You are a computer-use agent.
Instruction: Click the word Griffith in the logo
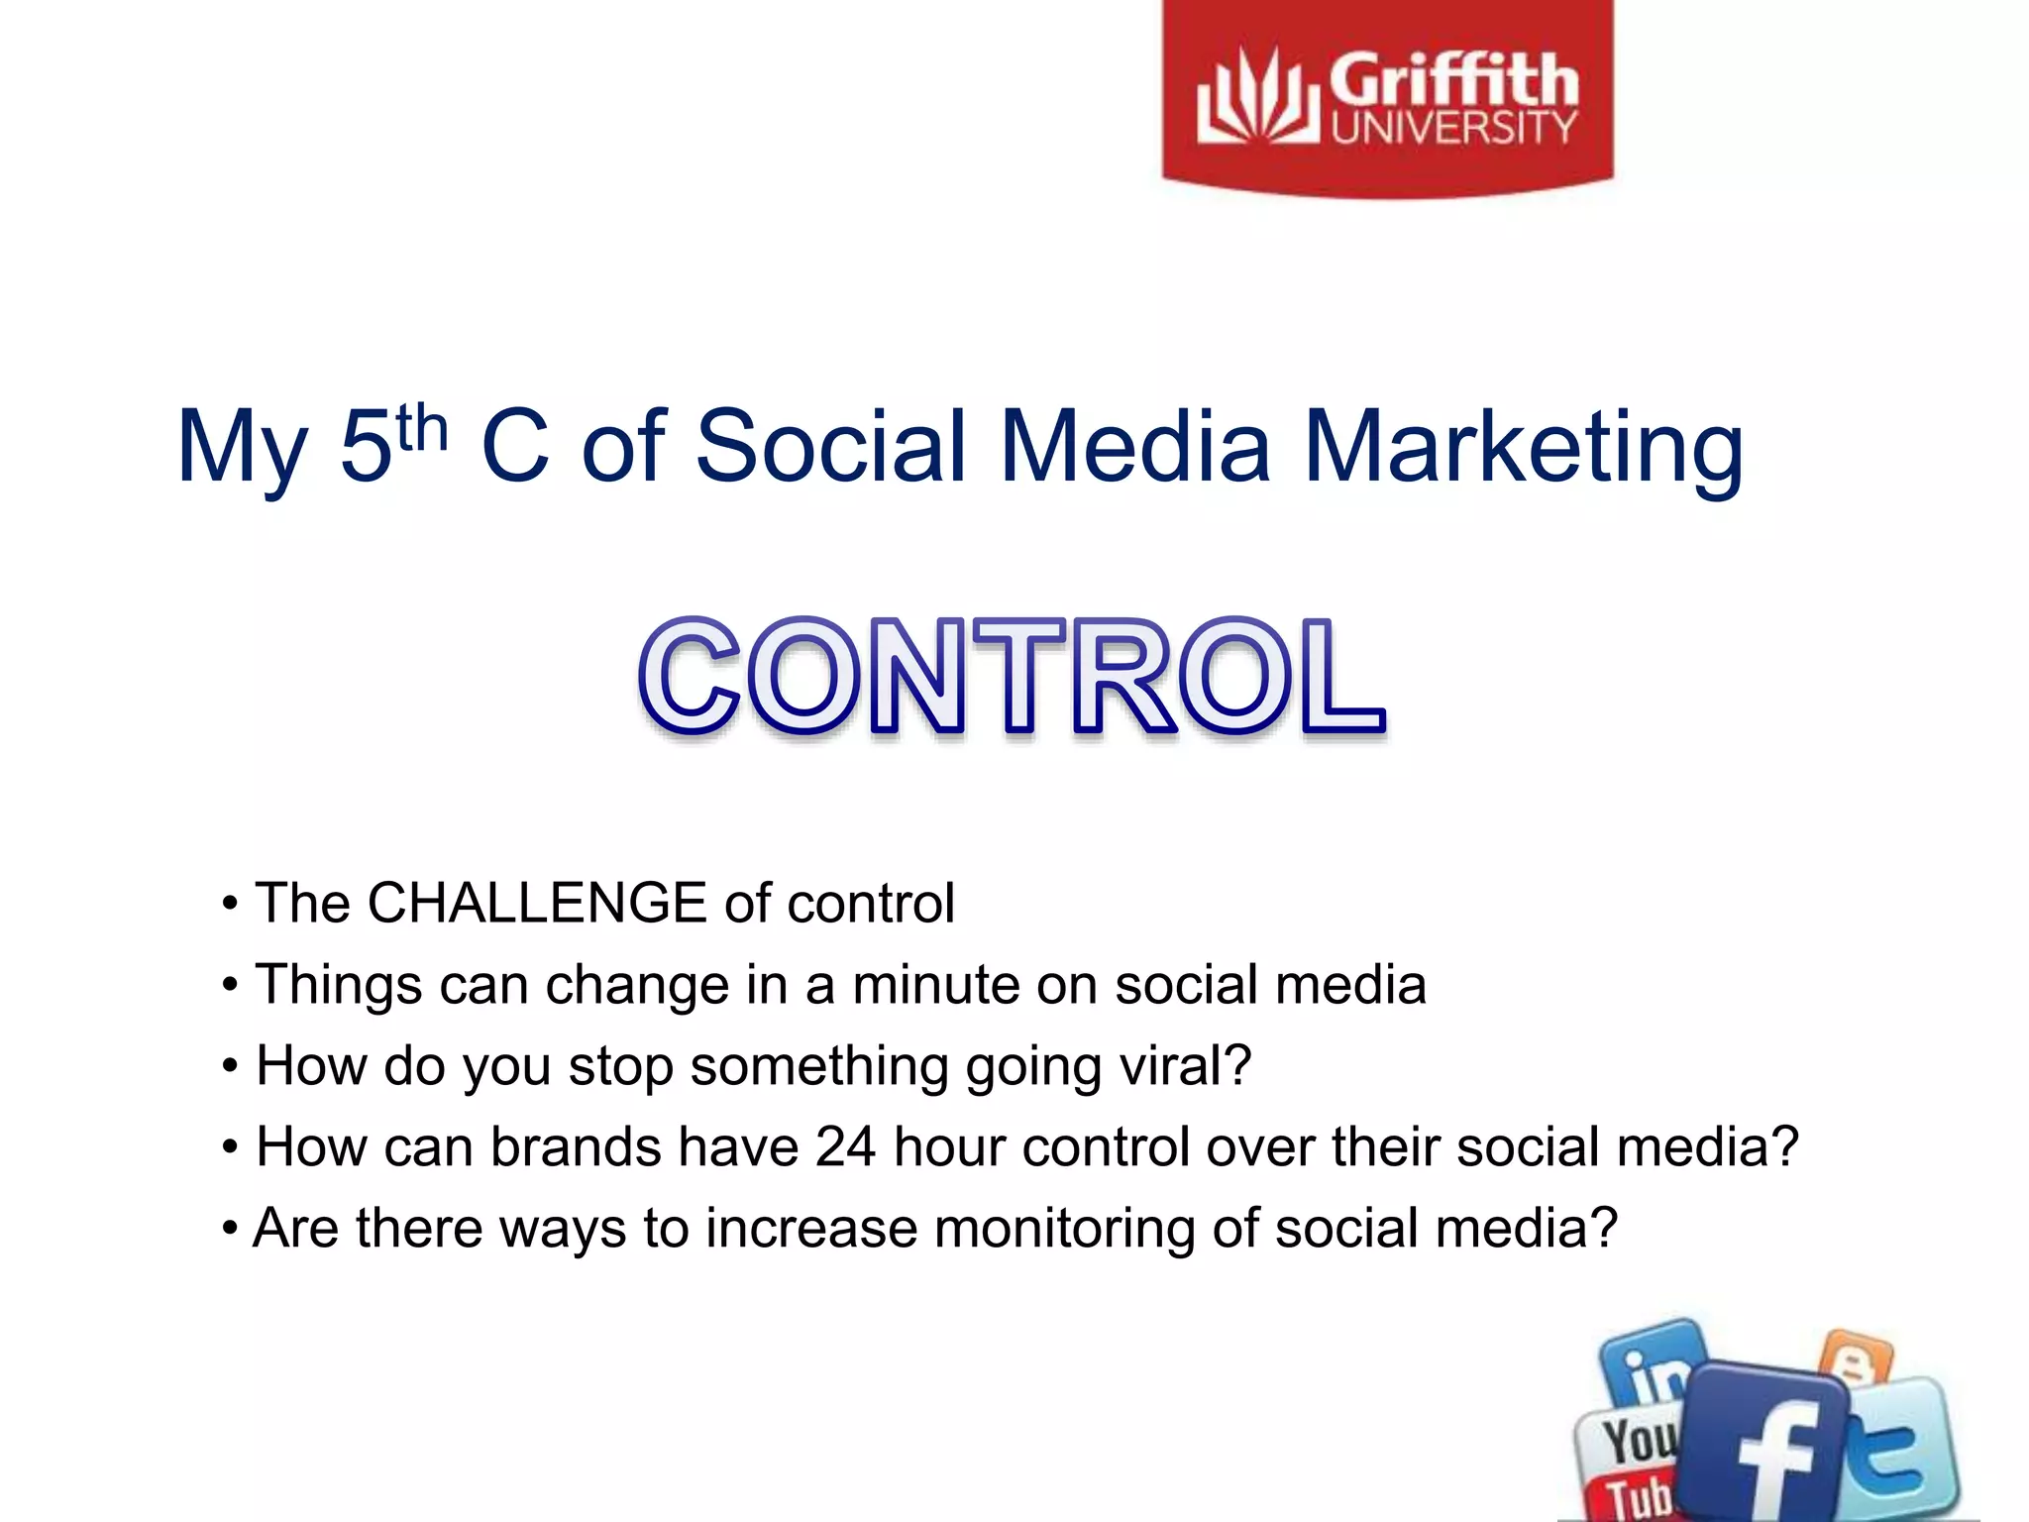point(1452,81)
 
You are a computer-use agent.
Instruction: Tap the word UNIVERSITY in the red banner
point(1452,129)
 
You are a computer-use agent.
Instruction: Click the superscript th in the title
point(422,428)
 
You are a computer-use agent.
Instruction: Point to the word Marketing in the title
point(1523,448)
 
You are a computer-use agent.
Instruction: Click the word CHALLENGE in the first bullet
point(536,903)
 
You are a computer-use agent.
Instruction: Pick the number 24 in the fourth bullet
point(845,1147)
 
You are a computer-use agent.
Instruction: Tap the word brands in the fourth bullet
point(576,1147)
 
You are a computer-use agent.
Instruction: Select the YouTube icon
point(1630,1462)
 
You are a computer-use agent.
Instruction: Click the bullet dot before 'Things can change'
point(230,986)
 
